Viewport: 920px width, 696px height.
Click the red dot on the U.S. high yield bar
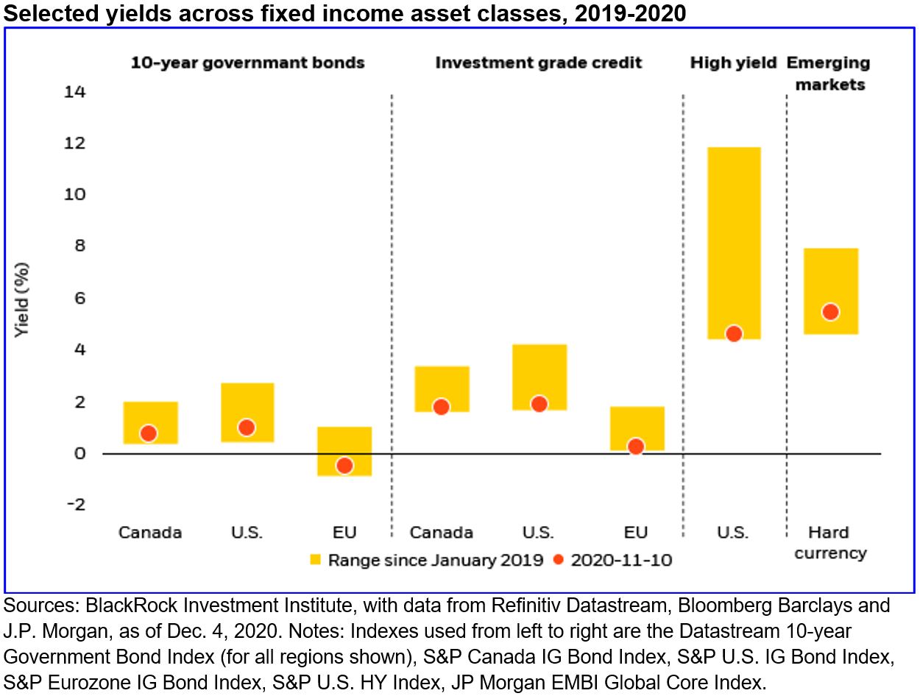(x=733, y=333)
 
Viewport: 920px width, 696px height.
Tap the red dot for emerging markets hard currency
(x=830, y=312)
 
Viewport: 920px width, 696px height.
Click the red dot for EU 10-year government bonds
(x=344, y=465)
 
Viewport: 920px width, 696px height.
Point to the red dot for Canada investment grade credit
(x=441, y=407)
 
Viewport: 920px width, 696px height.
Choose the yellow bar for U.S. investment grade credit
(x=539, y=368)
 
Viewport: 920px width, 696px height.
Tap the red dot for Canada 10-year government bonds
(x=149, y=433)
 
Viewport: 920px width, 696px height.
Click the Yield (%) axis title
(x=23, y=299)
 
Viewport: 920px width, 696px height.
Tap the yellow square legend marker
(x=316, y=559)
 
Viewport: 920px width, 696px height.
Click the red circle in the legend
(x=558, y=559)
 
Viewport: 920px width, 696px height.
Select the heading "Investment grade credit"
(x=538, y=63)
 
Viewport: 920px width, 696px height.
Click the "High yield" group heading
(x=733, y=63)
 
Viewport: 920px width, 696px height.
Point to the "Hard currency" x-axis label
(x=829, y=542)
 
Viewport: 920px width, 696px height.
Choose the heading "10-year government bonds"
(x=247, y=63)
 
